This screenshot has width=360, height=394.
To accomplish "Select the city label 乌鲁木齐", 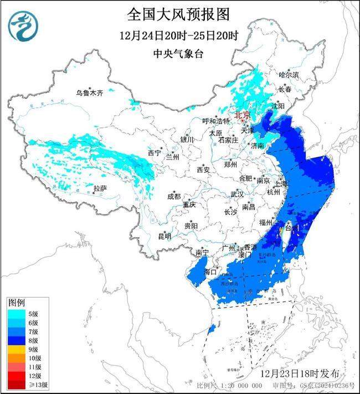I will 90,93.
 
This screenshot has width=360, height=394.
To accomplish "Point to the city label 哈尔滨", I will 289,74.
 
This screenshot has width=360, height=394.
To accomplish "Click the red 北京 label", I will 242,115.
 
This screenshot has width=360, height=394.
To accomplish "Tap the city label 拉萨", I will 100,189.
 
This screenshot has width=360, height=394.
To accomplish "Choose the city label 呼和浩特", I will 215,121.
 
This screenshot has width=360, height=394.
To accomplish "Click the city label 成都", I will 173,196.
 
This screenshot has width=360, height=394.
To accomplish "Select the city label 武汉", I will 237,195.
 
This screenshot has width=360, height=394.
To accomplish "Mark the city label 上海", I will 281,183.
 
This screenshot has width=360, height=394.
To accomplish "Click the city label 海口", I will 210,272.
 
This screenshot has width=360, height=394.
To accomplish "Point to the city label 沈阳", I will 278,105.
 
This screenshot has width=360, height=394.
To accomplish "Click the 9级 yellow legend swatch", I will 16,350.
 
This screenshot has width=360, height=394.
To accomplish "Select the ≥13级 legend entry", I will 22,385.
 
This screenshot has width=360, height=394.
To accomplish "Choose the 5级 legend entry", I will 22,314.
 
